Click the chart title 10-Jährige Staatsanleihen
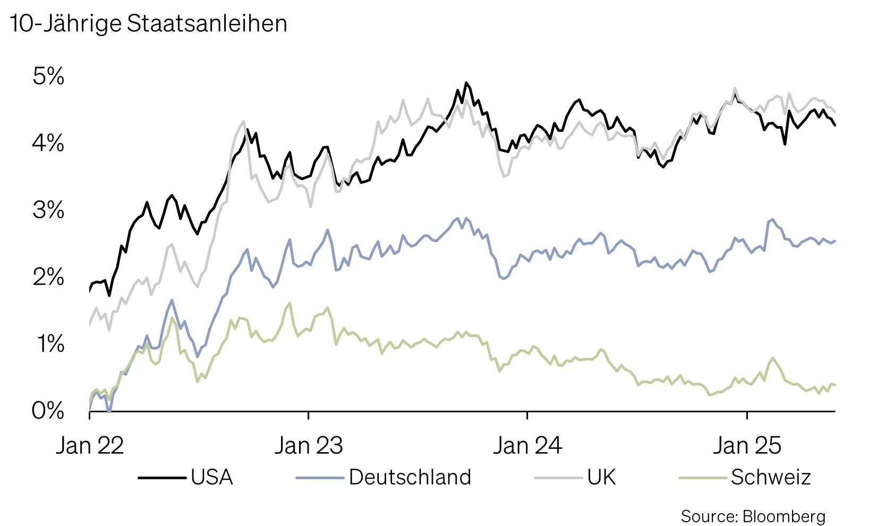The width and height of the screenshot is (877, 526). click(x=148, y=23)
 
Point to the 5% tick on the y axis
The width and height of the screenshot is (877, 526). click(x=48, y=77)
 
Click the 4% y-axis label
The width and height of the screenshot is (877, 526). click(x=48, y=143)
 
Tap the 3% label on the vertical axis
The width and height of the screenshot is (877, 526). click(x=48, y=210)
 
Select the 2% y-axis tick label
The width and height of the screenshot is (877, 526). click(x=48, y=277)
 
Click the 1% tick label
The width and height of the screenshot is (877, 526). click(x=50, y=344)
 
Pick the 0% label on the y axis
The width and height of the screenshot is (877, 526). click(x=48, y=411)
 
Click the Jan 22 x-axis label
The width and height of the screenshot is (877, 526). click(x=90, y=445)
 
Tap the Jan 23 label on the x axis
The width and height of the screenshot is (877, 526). click(x=309, y=445)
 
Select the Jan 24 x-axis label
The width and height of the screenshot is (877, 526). click(x=527, y=445)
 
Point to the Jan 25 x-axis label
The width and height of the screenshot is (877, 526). click(x=747, y=445)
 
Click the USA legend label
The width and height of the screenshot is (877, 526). click(x=212, y=477)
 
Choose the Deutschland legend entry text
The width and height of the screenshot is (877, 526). click(x=410, y=477)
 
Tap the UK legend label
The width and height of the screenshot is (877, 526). click(x=602, y=477)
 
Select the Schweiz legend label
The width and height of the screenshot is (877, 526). click(x=771, y=477)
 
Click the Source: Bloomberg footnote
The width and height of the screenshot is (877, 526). click(x=753, y=516)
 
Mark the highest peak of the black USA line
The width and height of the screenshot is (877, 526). click(x=466, y=83)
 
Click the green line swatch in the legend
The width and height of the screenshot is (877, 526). click(x=703, y=478)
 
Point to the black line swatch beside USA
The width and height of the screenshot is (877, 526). click(x=162, y=478)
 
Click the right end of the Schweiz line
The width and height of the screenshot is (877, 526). click(x=835, y=385)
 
